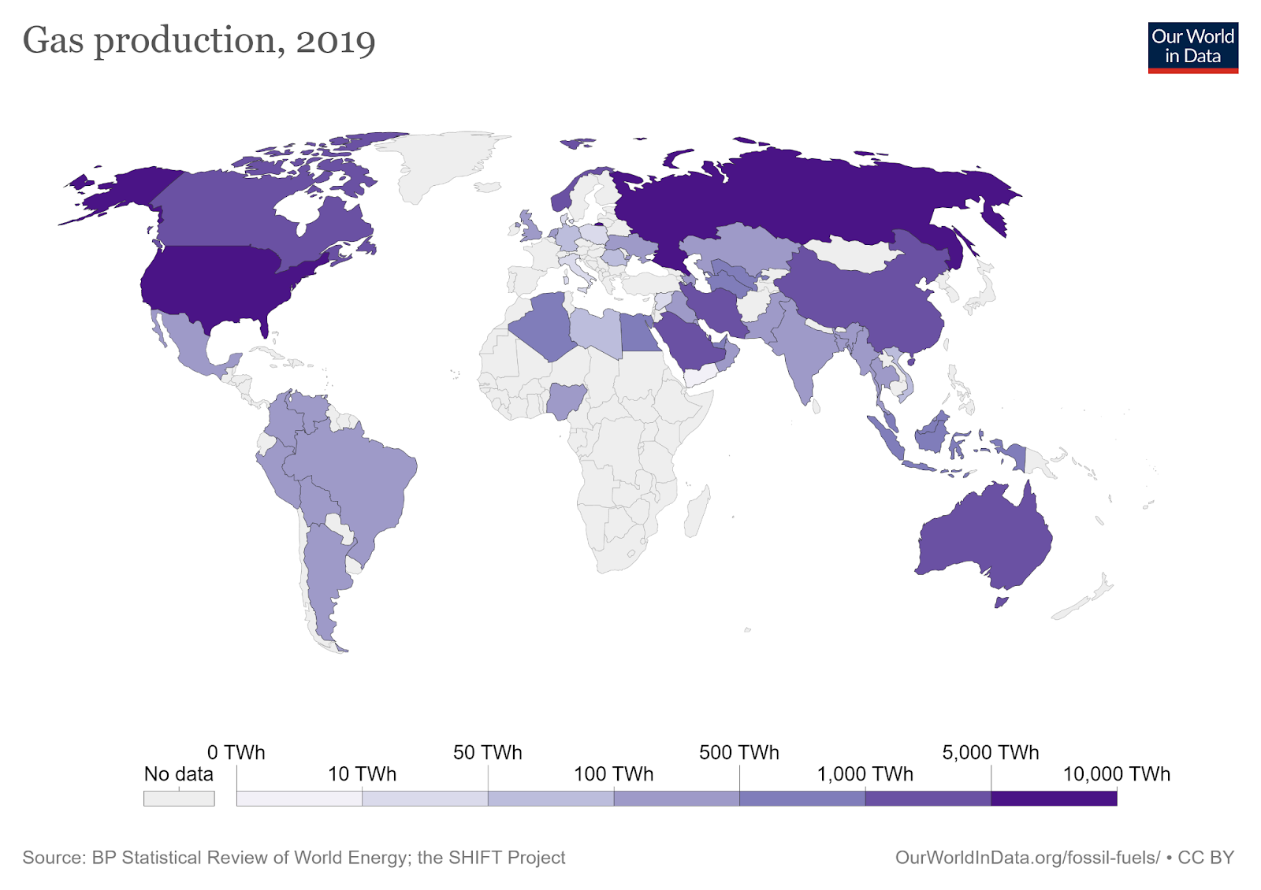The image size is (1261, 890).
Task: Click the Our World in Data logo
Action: click(x=1192, y=47)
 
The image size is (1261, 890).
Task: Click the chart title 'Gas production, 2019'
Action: click(x=199, y=41)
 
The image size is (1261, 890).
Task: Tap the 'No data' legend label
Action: click(x=178, y=774)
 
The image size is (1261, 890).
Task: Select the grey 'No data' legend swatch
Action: click(x=178, y=799)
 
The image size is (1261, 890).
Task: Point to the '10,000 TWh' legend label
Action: click(x=1116, y=774)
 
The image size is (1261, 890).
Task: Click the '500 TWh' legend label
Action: click(x=738, y=753)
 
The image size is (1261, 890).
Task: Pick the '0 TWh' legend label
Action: click(x=236, y=753)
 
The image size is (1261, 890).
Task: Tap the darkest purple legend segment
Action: click(x=1054, y=799)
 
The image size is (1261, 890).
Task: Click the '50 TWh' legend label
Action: click(x=487, y=753)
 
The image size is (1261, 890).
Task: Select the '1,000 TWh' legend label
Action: click(x=865, y=774)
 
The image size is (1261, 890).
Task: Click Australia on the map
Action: click(x=985, y=536)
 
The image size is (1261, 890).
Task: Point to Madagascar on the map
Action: click(x=697, y=512)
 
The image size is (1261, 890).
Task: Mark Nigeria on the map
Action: click(x=564, y=400)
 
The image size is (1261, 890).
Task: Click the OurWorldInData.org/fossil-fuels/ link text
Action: click(x=1027, y=858)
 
